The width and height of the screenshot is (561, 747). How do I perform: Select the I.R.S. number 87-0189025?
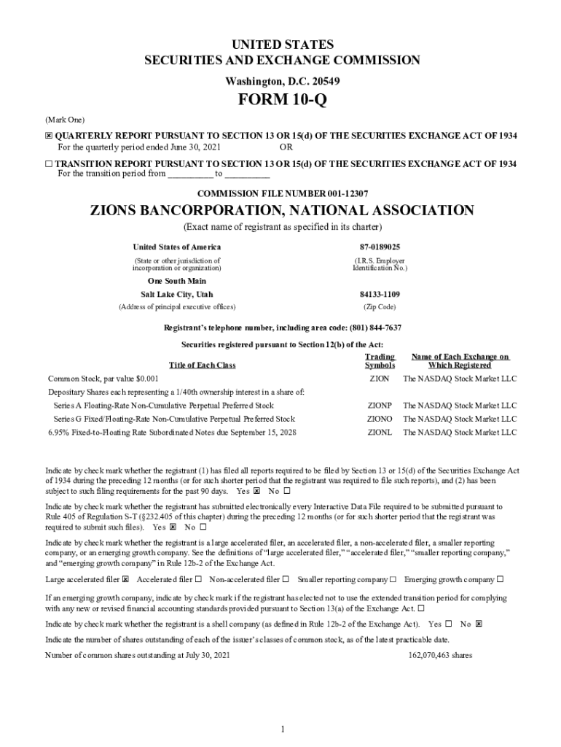(x=380, y=247)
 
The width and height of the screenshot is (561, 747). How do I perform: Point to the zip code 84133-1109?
(x=380, y=294)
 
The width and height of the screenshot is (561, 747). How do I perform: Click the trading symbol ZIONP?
(x=380, y=405)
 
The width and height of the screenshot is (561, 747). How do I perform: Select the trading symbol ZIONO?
(x=380, y=419)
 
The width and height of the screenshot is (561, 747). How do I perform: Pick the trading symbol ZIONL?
(x=380, y=432)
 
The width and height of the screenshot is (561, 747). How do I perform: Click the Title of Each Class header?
(x=202, y=365)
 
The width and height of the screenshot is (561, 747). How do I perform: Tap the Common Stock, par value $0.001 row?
(x=103, y=379)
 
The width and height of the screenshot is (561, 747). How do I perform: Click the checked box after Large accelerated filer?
(x=126, y=580)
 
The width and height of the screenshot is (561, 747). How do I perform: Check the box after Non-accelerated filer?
(x=286, y=580)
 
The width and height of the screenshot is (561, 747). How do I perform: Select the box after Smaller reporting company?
(x=393, y=580)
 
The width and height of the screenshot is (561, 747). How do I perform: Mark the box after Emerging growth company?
(x=500, y=580)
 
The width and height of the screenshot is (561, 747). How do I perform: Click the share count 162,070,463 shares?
(x=440, y=655)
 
